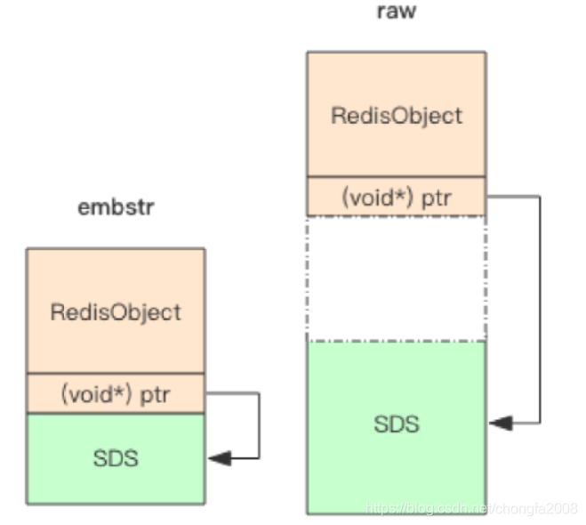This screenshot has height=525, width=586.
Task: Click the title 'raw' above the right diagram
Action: [396, 12]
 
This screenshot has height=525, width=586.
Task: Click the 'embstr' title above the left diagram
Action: [116, 206]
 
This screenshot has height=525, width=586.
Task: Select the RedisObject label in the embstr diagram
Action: [116, 312]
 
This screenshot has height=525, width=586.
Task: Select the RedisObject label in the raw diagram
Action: [397, 116]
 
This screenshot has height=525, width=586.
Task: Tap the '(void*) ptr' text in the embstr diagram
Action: [116, 394]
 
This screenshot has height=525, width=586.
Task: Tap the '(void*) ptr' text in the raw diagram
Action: [397, 198]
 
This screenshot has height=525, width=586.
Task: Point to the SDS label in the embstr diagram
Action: [116, 458]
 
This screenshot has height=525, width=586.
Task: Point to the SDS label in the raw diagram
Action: [397, 424]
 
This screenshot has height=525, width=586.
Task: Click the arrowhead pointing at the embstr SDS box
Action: [220, 458]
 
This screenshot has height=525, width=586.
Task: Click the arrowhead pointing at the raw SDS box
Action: [501, 423]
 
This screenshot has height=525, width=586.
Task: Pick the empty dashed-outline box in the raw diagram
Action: [396, 279]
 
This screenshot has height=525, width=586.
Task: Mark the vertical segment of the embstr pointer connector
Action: [259, 425]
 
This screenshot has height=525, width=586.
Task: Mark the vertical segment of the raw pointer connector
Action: [540, 310]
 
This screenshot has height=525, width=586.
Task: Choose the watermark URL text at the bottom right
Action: [471, 509]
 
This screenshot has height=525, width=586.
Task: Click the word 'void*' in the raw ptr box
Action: [377, 198]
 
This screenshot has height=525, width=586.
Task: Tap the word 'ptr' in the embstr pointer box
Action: [155, 395]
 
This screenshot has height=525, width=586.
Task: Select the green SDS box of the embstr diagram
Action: [116, 459]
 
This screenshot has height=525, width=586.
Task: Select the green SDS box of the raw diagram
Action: [397, 428]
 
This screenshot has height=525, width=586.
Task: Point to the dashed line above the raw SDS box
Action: [396, 341]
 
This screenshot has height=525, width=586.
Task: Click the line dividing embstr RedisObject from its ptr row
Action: [116, 373]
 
